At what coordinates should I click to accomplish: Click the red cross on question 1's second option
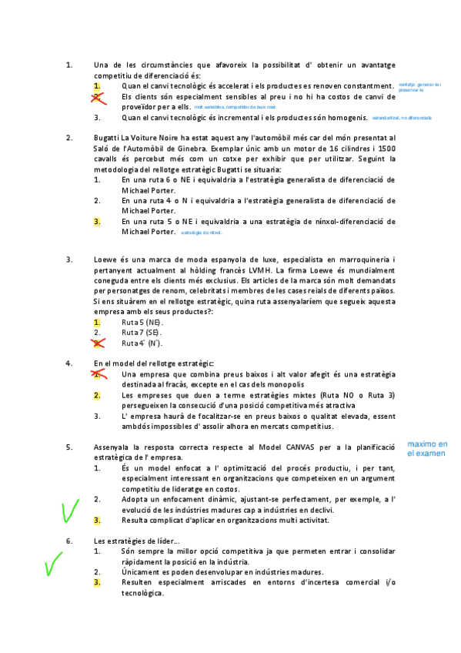point(98,97)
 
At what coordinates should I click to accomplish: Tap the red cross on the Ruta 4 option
point(98,343)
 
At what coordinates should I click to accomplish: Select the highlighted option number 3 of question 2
point(97,222)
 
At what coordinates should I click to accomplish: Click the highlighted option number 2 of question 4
point(97,396)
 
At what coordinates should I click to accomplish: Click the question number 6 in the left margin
point(69,541)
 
